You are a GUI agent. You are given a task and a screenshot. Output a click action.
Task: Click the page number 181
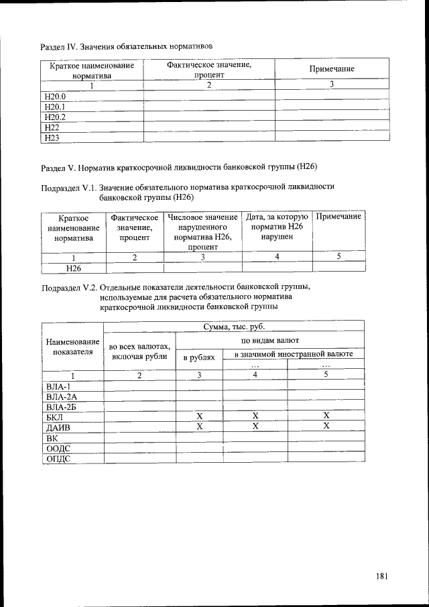[382, 575]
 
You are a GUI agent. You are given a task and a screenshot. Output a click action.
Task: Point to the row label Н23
[51, 137]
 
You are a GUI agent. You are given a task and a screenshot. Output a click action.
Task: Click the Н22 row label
[51, 127]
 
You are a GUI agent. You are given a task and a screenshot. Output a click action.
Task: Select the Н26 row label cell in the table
[74, 267]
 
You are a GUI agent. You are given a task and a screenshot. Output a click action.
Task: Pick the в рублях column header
[199, 357]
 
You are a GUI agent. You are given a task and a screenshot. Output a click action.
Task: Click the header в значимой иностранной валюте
[294, 353]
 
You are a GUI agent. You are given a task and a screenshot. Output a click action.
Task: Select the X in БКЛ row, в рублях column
[199, 416]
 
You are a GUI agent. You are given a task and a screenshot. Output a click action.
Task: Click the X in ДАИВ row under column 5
[326, 426]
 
